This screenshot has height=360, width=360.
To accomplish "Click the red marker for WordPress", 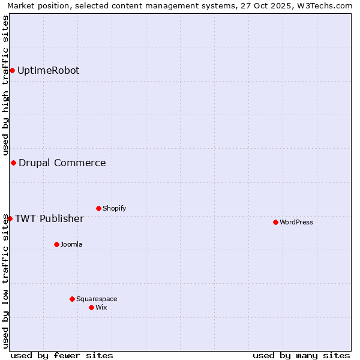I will click(x=275, y=222).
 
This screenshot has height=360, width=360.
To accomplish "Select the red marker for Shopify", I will click(x=98, y=208).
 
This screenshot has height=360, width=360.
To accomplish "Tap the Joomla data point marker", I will click(x=56, y=244).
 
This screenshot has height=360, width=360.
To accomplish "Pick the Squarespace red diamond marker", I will click(x=72, y=299).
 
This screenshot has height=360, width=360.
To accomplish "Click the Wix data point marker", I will click(x=91, y=307).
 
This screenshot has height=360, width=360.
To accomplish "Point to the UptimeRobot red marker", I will click(x=12, y=70).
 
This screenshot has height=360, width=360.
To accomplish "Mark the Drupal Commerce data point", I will click(x=13, y=163).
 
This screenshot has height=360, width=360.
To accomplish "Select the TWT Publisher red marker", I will click(x=10, y=218).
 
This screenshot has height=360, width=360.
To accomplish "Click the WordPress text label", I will click(x=296, y=222).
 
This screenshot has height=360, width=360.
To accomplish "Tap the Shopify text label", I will click(x=114, y=208).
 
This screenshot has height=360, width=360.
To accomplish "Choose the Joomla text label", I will click(x=71, y=244).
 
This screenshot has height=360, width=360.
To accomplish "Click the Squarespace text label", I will click(x=97, y=299).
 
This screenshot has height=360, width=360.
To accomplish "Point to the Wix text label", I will click(x=101, y=307).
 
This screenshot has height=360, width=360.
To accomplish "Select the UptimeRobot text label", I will click(x=48, y=70).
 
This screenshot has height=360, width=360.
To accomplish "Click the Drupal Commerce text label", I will click(x=62, y=163).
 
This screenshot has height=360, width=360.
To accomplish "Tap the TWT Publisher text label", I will click(x=49, y=218).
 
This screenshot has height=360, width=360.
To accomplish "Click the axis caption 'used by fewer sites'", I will click(x=62, y=355).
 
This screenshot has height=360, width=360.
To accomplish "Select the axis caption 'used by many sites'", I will click(x=301, y=355).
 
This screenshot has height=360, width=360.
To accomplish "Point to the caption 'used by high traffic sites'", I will click(x=5, y=86).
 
